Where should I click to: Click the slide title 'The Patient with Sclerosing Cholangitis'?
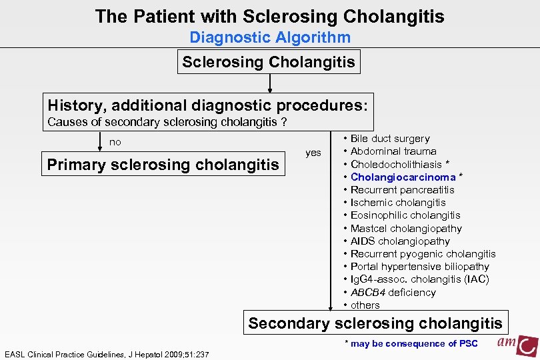(269, 16)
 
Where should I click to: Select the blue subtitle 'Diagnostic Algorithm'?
(269, 38)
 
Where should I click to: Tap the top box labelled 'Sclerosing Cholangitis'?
(269, 63)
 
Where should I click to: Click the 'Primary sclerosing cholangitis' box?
(163, 164)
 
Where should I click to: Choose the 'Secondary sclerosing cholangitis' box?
(375, 323)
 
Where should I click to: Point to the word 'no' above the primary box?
(115, 142)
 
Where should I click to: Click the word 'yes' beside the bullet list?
(313, 153)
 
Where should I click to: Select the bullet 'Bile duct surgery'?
(390, 139)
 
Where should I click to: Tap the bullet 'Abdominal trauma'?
(393, 151)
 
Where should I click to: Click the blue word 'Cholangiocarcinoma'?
(403, 177)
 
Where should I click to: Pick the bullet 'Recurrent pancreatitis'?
(402, 190)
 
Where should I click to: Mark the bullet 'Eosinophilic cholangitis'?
(405, 215)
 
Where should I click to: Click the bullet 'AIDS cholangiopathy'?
(400, 241)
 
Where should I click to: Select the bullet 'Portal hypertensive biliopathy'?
(419, 267)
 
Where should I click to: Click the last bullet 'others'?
(365, 305)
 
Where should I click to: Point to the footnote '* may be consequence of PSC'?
(411, 343)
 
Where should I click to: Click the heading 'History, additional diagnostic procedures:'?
(207, 105)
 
